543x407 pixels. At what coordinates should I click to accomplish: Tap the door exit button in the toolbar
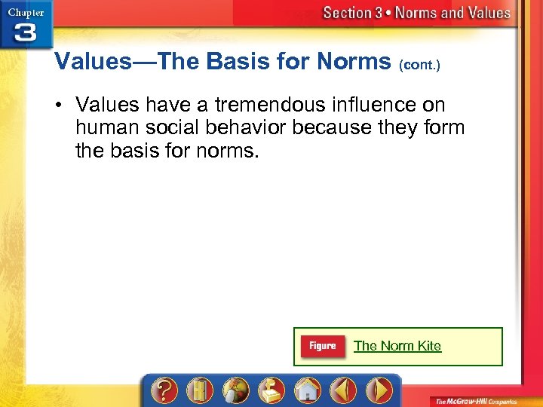click(198, 390)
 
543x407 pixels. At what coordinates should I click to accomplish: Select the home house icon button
click(306, 390)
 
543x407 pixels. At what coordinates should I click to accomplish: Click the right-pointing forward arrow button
click(379, 390)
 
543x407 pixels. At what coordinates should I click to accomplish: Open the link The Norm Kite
click(397, 346)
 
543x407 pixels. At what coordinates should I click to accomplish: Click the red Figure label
click(322, 346)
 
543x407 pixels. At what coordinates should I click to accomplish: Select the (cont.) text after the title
click(419, 65)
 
